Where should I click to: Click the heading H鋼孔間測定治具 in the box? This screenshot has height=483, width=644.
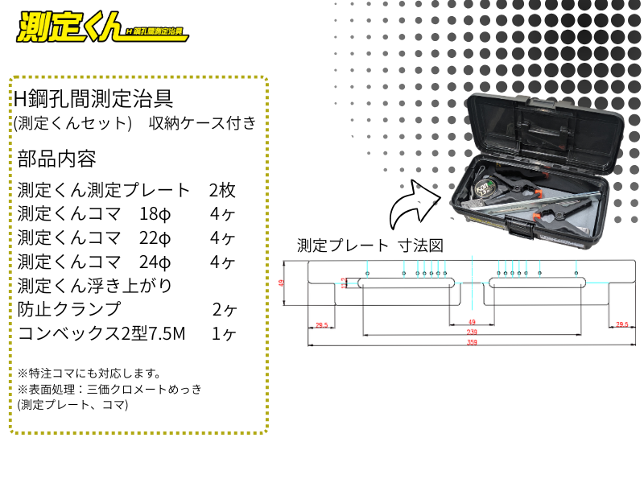[93, 98]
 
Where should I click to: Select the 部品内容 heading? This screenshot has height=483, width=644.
[56, 159]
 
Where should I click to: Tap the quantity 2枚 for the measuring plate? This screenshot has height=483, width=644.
[221, 191]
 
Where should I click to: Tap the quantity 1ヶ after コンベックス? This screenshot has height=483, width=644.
[223, 332]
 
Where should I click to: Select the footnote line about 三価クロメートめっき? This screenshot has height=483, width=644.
[109, 389]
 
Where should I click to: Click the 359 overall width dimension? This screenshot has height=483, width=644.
[471, 342]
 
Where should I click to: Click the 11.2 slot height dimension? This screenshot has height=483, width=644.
[344, 283]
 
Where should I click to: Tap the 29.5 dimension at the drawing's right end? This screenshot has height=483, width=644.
[621, 325]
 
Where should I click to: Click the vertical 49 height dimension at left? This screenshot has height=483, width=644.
[282, 283]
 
